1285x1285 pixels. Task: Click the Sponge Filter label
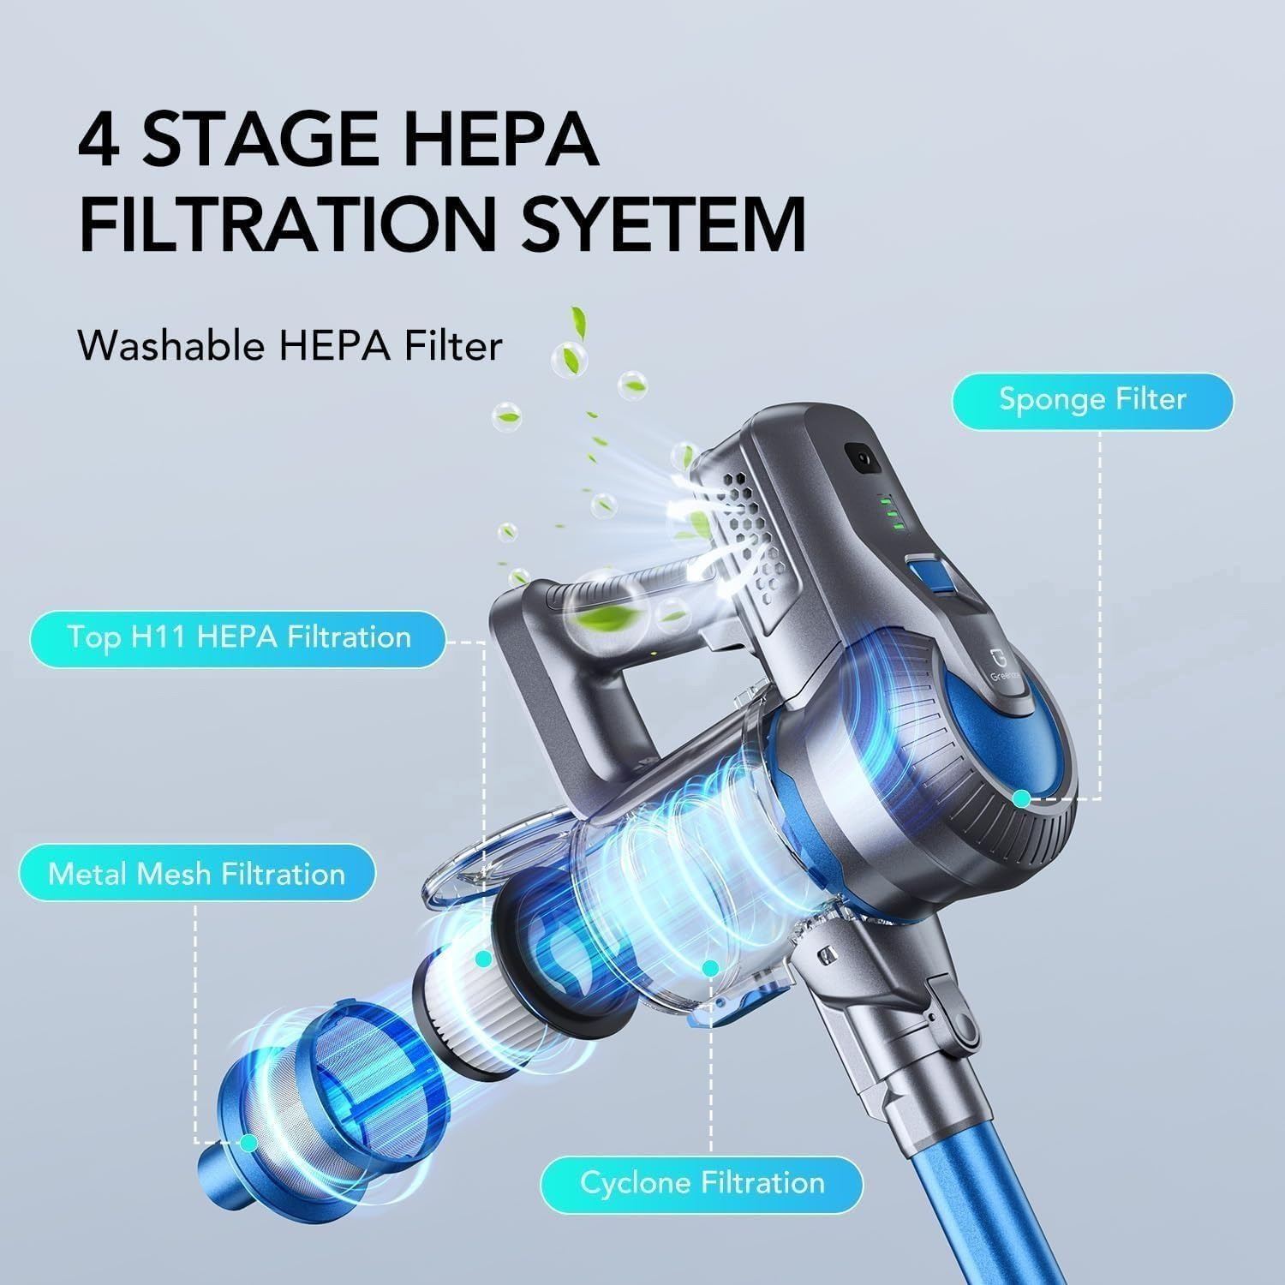(x=1092, y=400)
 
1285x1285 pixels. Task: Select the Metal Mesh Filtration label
(x=197, y=874)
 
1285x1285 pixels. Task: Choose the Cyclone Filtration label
(x=702, y=1183)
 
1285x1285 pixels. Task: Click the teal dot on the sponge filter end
(x=1020, y=798)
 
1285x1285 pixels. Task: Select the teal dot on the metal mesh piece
(x=248, y=1142)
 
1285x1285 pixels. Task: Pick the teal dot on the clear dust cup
(x=709, y=968)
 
